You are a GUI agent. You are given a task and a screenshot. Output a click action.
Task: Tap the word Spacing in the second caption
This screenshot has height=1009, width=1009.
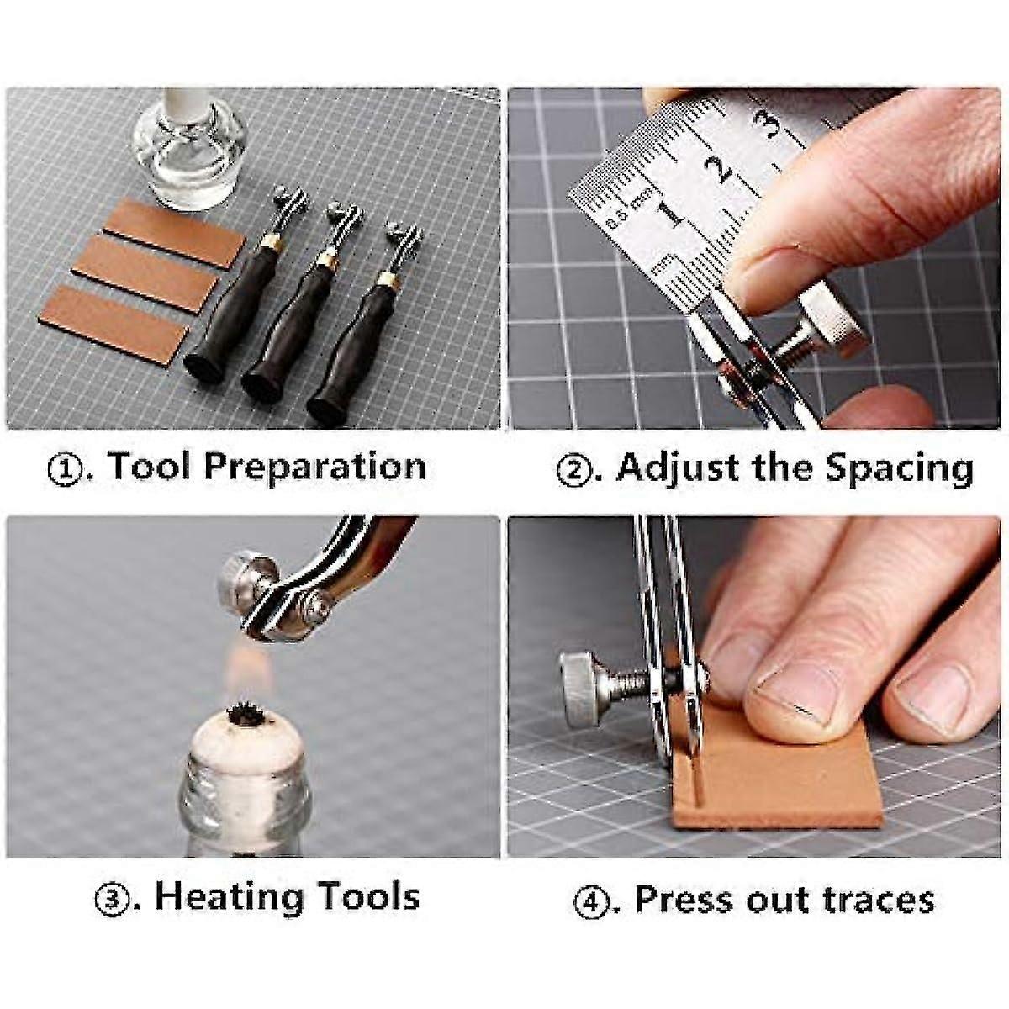pos(899,468)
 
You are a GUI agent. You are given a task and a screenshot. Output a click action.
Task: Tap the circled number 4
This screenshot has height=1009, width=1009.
pos(593,901)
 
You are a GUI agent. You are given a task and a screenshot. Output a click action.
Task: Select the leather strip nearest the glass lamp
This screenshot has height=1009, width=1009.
pos(175,232)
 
